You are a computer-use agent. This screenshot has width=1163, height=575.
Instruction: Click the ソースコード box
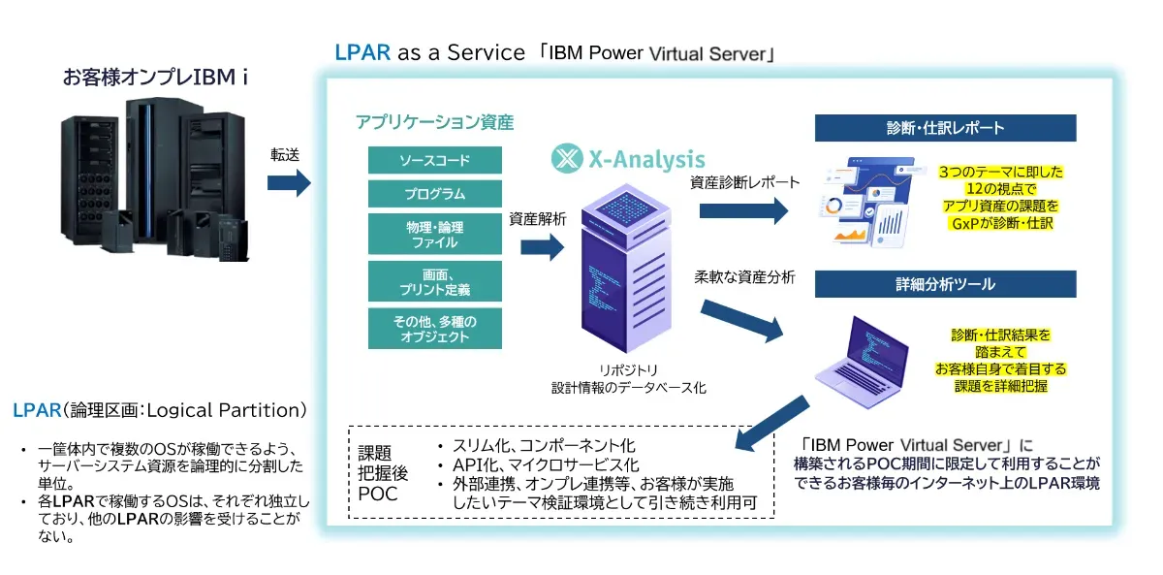(435, 159)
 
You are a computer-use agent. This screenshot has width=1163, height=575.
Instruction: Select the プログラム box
(435, 193)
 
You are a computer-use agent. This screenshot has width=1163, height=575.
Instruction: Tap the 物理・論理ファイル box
(435, 234)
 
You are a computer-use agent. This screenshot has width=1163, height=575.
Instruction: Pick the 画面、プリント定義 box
(435, 281)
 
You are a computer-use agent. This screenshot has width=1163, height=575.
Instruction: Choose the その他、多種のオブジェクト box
(435, 328)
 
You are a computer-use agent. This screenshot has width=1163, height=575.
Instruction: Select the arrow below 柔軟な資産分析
(740, 321)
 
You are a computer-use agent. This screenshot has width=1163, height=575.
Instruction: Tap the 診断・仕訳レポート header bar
(945, 128)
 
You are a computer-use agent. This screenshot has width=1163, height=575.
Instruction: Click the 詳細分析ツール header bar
(945, 285)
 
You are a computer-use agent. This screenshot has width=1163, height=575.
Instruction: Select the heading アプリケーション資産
(434, 122)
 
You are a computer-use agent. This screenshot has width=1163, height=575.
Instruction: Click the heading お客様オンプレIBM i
(155, 78)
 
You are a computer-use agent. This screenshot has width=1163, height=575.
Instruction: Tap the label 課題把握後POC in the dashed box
(378, 472)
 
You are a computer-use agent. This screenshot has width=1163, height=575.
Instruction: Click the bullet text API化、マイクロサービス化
(546, 464)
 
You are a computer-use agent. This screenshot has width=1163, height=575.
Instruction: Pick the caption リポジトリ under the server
(628, 369)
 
